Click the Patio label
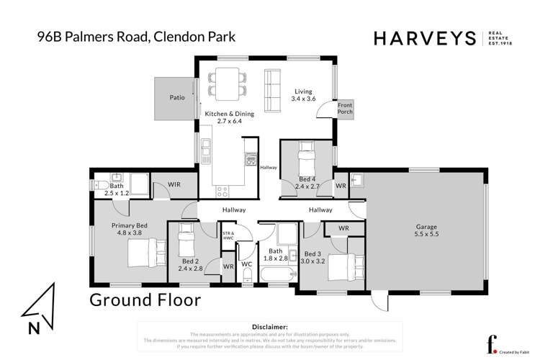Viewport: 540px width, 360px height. pos(177,96)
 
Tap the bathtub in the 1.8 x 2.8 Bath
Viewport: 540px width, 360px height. pos(273,275)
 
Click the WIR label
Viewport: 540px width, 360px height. pos(174,184)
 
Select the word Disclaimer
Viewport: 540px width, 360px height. pos(267,326)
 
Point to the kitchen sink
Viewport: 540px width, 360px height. pos(207,148)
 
